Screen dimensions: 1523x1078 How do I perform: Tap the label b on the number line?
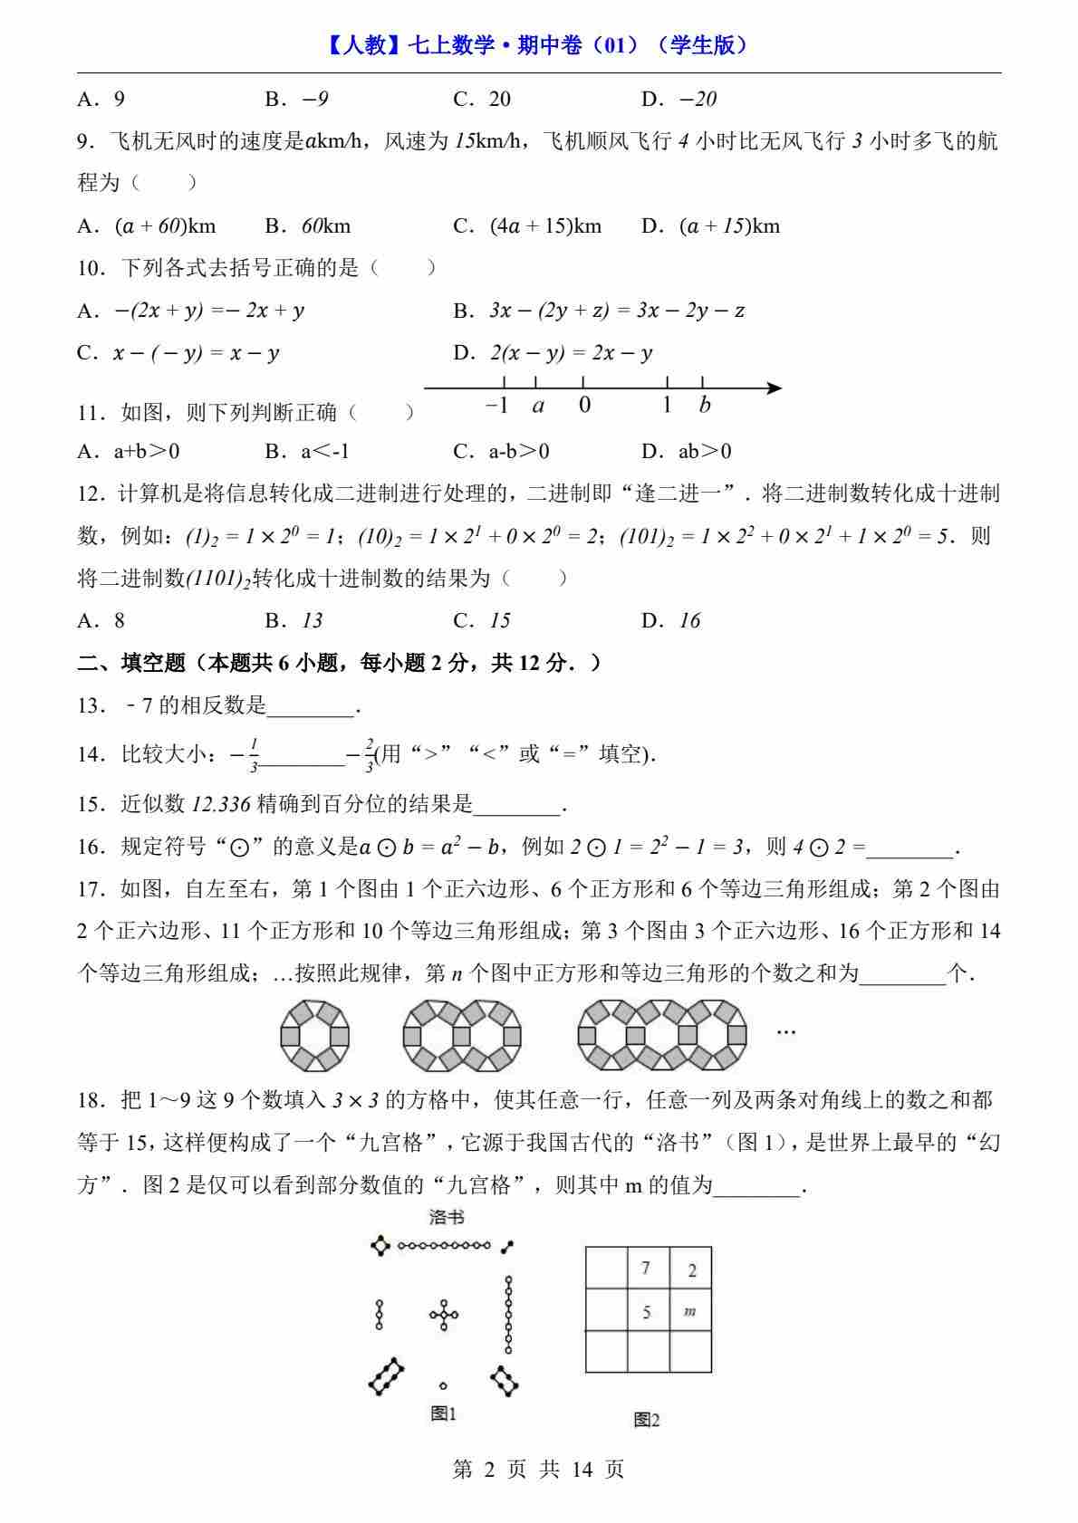pos(705,406)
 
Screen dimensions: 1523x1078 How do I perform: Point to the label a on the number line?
pos(538,406)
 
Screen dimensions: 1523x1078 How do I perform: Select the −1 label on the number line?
pos(497,406)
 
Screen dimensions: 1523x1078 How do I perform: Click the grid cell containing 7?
pos(648,1268)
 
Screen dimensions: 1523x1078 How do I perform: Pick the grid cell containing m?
pos(690,1310)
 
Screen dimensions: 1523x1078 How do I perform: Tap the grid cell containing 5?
pos(648,1310)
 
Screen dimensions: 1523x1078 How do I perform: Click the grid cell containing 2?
pos(691,1269)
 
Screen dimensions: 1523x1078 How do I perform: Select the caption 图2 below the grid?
pos(647,1420)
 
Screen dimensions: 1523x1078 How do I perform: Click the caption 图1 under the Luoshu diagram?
pos(443,1413)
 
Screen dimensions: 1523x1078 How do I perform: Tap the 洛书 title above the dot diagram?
pos(446,1218)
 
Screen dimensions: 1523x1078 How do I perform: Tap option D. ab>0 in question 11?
pos(686,451)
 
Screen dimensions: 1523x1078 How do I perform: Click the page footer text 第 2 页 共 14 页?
pos(538,1469)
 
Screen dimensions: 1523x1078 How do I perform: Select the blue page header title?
pos(538,44)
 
